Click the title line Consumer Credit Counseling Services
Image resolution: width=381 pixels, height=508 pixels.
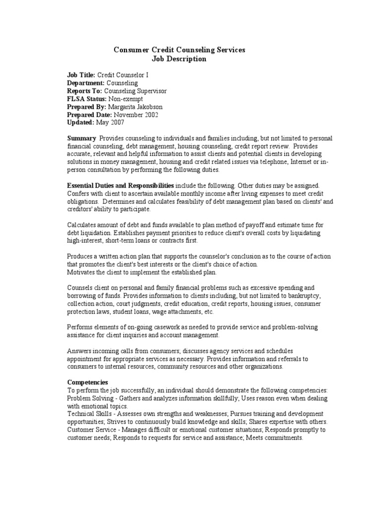tap(179, 50)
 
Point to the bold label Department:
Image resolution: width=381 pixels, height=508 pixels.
tap(86, 83)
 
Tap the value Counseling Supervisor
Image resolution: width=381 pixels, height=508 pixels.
tap(135, 91)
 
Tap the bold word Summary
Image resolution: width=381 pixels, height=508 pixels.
tap(81, 138)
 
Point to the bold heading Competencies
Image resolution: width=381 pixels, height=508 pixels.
tap(87, 382)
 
